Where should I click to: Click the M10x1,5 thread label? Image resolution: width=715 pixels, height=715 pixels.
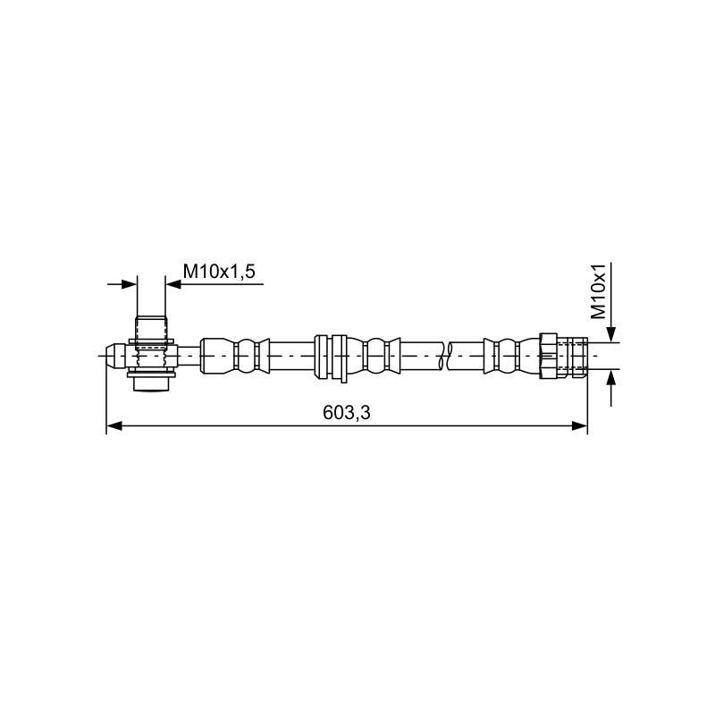(x=219, y=272)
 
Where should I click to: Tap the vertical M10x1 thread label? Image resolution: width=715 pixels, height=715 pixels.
(x=598, y=291)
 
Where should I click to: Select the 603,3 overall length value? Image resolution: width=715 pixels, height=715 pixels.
(x=347, y=413)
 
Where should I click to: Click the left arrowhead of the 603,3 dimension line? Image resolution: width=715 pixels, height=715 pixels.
(x=114, y=426)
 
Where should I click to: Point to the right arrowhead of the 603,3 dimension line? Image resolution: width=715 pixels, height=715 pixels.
(x=579, y=426)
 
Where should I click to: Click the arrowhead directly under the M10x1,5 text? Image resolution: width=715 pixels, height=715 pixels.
(x=173, y=284)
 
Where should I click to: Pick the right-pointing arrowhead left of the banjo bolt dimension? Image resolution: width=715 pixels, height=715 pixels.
(x=129, y=284)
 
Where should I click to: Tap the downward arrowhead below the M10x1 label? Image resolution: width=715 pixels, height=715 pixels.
(x=611, y=334)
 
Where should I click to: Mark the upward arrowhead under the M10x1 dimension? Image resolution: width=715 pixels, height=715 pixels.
(x=611, y=378)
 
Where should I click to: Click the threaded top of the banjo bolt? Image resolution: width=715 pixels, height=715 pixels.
(x=151, y=327)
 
